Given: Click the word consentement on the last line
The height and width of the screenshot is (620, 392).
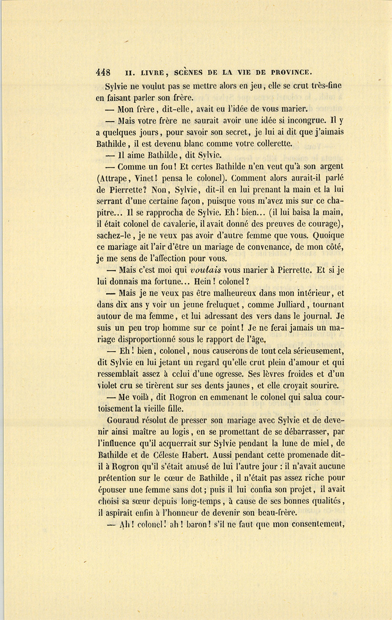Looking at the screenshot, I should [316, 524].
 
